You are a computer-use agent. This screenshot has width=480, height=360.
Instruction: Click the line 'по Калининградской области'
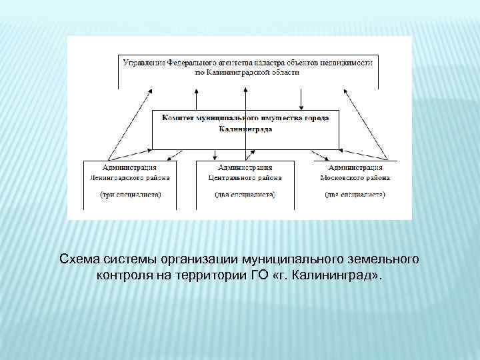coord(247,72)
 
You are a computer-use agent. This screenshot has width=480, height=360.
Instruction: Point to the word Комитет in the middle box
coord(176,117)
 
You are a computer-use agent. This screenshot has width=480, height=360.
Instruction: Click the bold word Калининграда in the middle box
coord(245,129)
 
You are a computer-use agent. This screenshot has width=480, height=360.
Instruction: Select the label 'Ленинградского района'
coord(129,178)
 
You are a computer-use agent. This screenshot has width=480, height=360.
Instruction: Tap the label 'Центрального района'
coord(245,178)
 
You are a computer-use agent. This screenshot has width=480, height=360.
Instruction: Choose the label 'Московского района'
coord(355,178)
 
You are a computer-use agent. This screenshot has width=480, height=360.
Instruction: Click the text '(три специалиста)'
coord(130,195)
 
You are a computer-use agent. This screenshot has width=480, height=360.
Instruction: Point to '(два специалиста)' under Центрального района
coord(245,195)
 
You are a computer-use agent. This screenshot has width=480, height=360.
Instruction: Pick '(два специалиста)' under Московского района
coord(355,195)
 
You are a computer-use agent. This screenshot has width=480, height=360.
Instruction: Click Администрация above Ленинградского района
coord(129,167)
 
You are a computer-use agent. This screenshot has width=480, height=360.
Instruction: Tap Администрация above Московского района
coord(355,167)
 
